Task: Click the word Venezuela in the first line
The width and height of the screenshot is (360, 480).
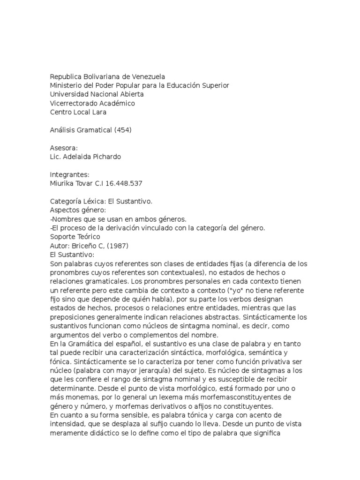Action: [x=148, y=76]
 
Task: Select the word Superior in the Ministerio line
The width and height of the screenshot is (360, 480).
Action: [x=215, y=85]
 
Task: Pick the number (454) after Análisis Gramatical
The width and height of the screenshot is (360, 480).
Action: [x=122, y=130]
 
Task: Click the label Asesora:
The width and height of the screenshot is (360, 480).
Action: [x=64, y=148]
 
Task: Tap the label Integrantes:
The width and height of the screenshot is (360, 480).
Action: [x=69, y=175]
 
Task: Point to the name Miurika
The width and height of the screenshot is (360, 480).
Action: [x=63, y=183]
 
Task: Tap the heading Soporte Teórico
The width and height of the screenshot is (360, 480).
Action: [x=75, y=237]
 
